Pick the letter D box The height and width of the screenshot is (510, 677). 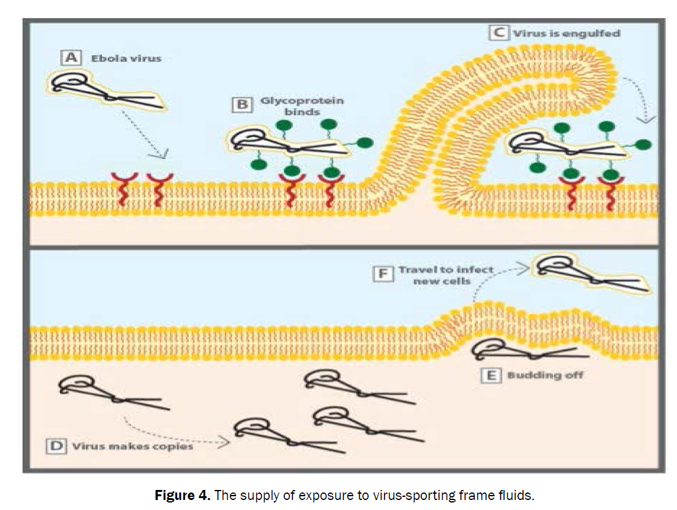(x=57, y=447)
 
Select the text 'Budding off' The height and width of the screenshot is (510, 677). (x=545, y=375)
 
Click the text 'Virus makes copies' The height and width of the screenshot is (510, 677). (x=132, y=447)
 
